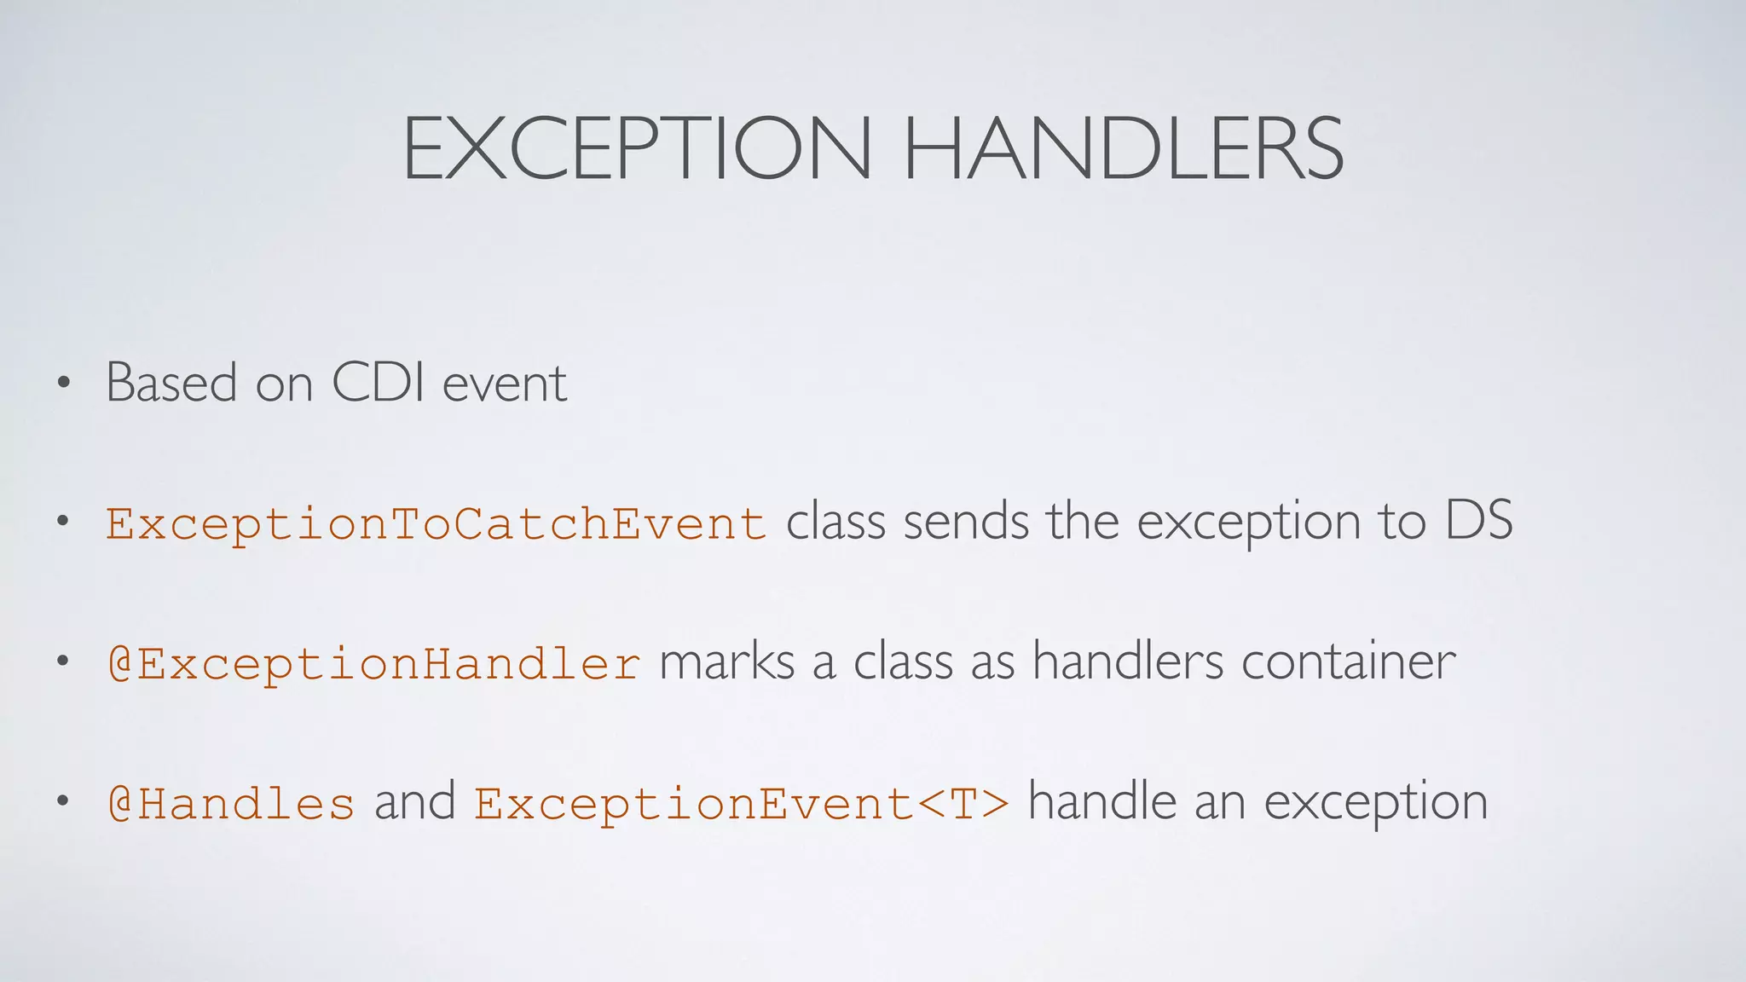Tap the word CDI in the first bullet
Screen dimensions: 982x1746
point(378,383)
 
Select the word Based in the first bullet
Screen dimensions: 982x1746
point(171,383)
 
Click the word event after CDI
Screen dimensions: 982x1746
point(505,384)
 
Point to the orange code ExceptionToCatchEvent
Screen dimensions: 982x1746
point(436,523)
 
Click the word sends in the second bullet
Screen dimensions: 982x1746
point(966,521)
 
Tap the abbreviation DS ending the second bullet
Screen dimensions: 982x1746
point(1478,521)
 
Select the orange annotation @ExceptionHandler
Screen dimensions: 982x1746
point(373,663)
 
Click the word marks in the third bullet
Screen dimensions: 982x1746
point(726,661)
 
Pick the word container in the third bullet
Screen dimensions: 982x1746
point(1348,661)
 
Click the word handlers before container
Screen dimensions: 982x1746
point(1128,661)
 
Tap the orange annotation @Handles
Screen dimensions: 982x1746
point(230,804)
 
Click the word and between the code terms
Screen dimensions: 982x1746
point(414,802)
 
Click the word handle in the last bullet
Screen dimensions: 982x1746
point(1101,802)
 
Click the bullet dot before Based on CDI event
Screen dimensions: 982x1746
point(62,383)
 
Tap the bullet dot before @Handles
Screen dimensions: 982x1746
point(62,801)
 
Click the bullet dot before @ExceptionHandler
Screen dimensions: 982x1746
point(62,661)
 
